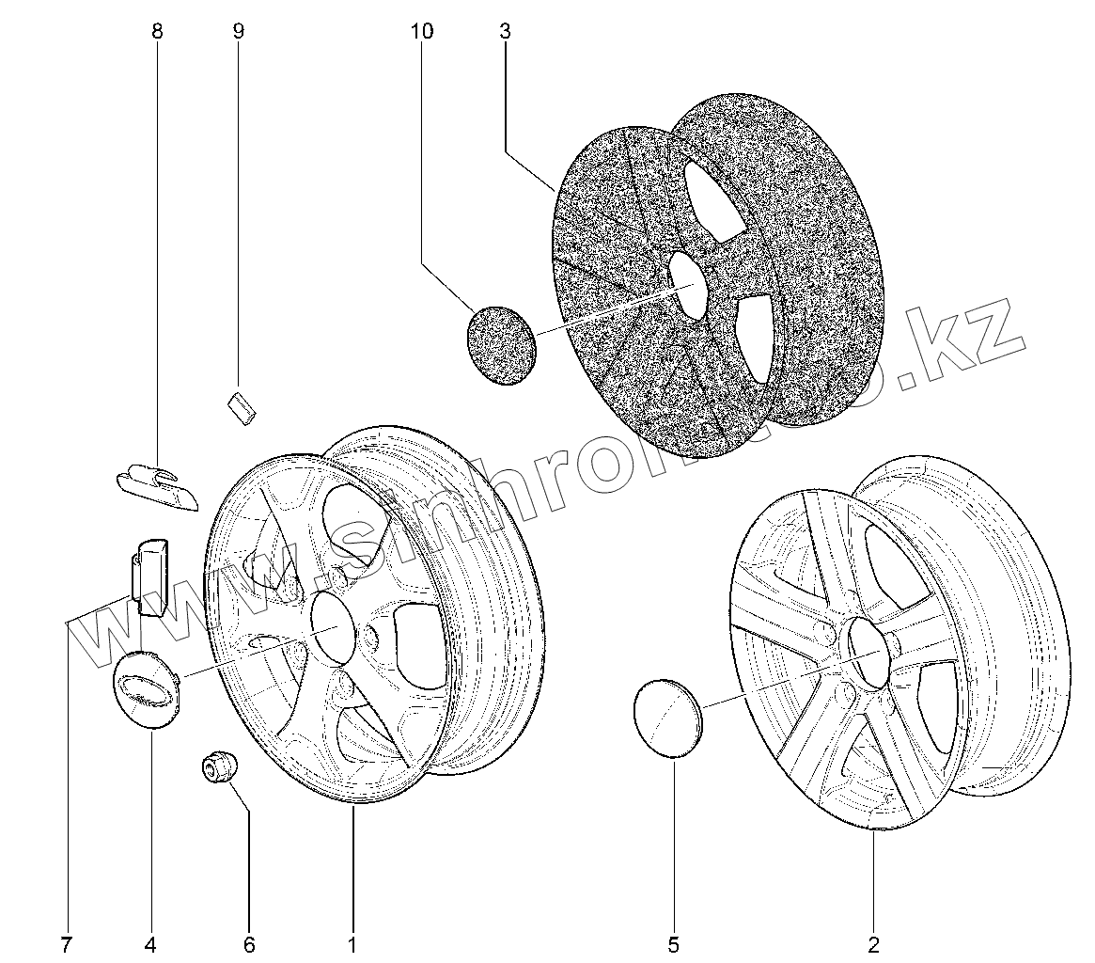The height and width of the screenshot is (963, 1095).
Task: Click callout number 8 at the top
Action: pyautogui.click(x=157, y=32)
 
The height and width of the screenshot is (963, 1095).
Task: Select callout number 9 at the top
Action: pyautogui.click(x=238, y=32)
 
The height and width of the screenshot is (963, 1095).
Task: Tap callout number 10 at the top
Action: pyautogui.click(x=422, y=32)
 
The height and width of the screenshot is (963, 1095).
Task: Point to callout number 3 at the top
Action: pyautogui.click(x=505, y=32)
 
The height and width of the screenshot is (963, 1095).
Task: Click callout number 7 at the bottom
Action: pyautogui.click(x=66, y=944)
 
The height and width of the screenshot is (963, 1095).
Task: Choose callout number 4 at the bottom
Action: pyautogui.click(x=150, y=944)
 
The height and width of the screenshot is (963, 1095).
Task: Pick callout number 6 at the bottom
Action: pyautogui.click(x=249, y=944)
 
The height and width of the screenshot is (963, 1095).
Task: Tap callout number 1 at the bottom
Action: pyautogui.click(x=352, y=944)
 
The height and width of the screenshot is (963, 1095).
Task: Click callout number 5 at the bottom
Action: pyautogui.click(x=674, y=944)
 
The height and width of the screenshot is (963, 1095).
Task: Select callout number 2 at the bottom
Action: pyautogui.click(x=873, y=944)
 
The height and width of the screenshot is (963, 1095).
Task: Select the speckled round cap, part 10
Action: pyautogui.click(x=500, y=343)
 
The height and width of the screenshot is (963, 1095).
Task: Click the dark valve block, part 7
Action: pyautogui.click(x=151, y=575)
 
